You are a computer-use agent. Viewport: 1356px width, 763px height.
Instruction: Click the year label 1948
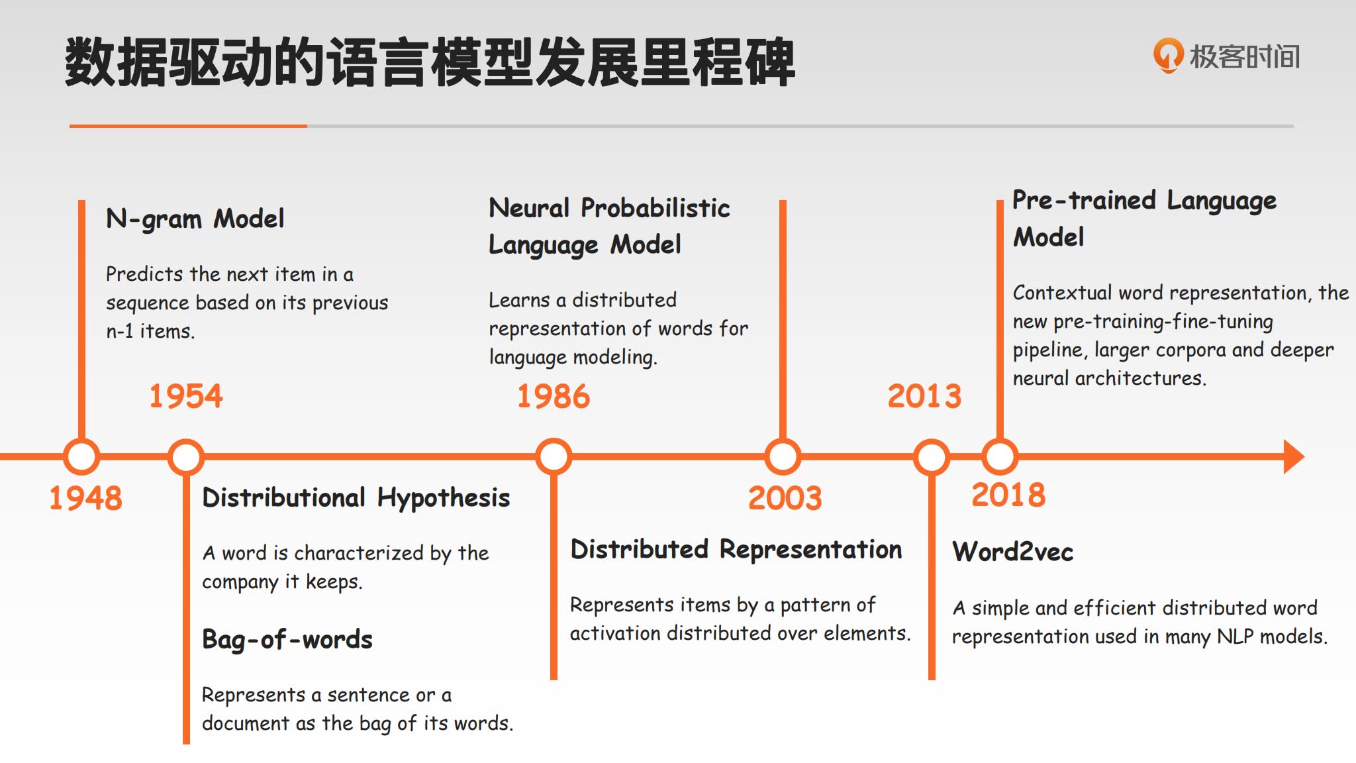(x=86, y=498)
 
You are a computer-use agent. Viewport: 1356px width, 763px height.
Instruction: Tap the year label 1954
(x=186, y=396)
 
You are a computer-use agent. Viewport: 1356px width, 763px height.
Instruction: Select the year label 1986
(x=554, y=396)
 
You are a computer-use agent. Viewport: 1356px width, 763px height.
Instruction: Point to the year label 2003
(x=785, y=498)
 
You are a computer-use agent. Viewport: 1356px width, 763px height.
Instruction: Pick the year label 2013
(x=924, y=396)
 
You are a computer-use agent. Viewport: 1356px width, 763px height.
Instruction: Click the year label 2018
(x=1008, y=495)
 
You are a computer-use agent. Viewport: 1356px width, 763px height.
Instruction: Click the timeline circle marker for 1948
(x=81, y=456)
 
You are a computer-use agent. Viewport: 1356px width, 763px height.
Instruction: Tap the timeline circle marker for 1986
(x=554, y=456)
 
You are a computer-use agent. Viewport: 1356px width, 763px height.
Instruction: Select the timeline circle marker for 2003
(x=783, y=456)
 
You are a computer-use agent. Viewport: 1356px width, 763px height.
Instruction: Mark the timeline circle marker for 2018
(x=1000, y=456)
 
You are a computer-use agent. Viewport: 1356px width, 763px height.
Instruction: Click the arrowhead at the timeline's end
(x=1294, y=456)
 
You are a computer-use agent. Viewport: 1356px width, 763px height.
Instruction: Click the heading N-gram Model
(x=195, y=219)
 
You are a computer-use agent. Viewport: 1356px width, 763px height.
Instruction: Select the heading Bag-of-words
(x=287, y=640)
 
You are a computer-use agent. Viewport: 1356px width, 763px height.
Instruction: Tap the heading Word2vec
(x=1013, y=552)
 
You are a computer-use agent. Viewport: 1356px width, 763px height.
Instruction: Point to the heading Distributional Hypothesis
(x=356, y=498)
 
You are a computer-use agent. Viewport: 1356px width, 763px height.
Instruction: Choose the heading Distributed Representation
(x=736, y=550)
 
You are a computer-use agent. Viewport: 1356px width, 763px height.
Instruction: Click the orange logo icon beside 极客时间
(x=1168, y=56)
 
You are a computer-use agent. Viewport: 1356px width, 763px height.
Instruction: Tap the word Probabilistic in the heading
(x=655, y=208)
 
